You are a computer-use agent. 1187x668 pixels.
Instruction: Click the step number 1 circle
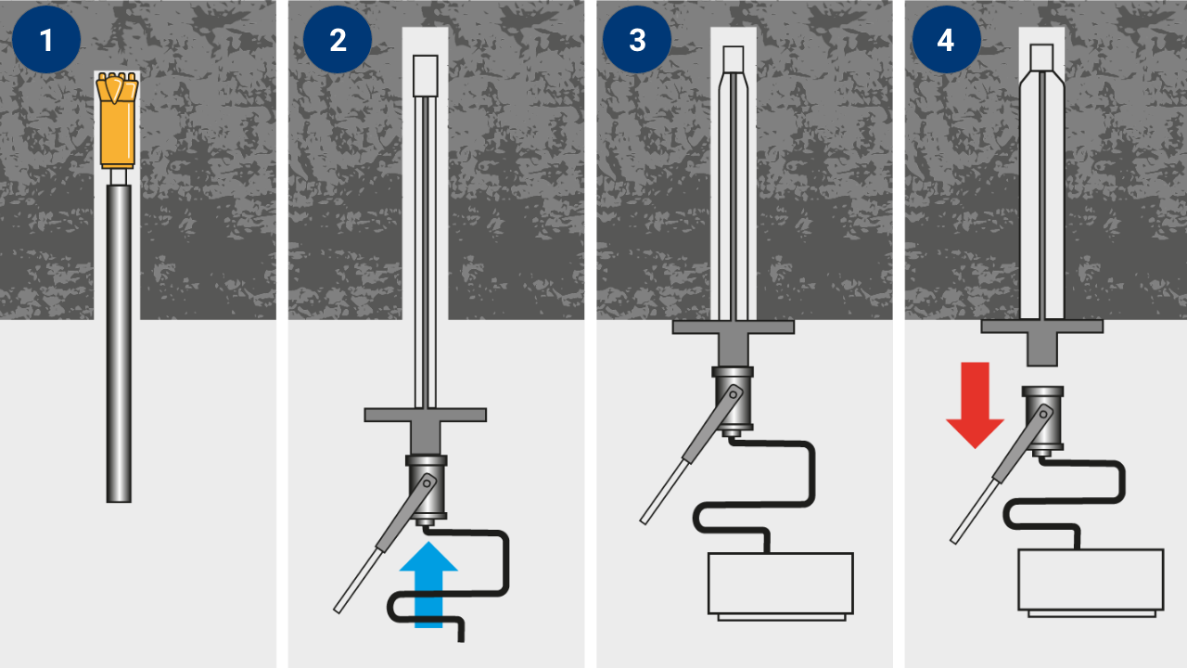[46, 39]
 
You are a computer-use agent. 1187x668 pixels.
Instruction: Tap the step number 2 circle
[338, 39]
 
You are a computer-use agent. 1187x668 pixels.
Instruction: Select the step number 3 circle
[637, 39]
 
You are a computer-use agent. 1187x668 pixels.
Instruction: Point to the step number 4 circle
[947, 39]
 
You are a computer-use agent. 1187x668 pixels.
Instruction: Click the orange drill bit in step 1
[118, 121]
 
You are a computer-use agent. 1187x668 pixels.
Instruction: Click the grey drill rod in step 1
[119, 342]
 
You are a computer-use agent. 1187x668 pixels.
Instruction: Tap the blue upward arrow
[428, 584]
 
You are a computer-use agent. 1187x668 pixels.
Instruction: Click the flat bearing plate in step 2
[425, 415]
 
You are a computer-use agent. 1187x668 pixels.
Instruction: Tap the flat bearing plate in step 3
[734, 328]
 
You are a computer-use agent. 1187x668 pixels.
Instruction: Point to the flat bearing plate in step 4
[1041, 326]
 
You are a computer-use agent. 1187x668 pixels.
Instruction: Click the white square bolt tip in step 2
[425, 76]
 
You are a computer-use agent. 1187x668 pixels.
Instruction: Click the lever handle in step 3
[692, 455]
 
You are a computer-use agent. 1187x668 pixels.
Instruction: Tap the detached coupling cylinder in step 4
[1043, 421]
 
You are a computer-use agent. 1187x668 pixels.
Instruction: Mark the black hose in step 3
[755, 495]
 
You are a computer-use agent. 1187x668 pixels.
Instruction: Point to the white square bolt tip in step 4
[1041, 58]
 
